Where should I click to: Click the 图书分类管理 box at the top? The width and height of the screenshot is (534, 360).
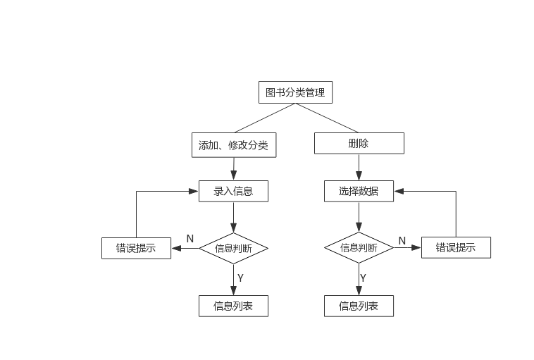click(x=295, y=92)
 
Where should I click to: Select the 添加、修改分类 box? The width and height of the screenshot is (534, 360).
click(x=233, y=145)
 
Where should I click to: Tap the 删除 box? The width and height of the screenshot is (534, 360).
click(x=359, y=144)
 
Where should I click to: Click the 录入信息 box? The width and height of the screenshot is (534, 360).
click(x=233, y=191)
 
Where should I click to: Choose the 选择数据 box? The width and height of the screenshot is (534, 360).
click(x=359, y=191)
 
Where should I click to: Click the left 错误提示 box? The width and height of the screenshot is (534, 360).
click(x=136, y=248)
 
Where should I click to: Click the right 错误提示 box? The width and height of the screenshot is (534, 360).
click(x=456, y=247)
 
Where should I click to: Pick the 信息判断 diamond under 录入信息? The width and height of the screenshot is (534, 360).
click(x=233, y=248)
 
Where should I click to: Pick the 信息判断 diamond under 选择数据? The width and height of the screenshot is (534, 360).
click(x=359, y=248)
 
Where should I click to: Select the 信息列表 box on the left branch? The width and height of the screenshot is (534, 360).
click(x=233, y=306)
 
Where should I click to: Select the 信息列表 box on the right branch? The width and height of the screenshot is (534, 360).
click(x=359, y=306)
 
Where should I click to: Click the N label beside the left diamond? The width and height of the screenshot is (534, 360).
click(x=190, y=239)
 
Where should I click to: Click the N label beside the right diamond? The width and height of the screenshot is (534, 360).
click(x=402, y=240)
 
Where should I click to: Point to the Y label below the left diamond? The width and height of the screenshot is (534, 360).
click(x=240, y=278)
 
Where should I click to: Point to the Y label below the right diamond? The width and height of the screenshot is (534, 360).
click(x=364, y=278)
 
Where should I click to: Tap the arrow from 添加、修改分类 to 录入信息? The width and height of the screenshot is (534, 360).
click(x=233, y=168)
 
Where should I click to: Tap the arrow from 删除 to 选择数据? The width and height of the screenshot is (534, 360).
click(x=359, y=167)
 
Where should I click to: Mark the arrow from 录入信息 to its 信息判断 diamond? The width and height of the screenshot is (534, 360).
click(x=233, y=217)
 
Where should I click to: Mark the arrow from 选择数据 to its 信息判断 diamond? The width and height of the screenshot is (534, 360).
click(x=359, y=217)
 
